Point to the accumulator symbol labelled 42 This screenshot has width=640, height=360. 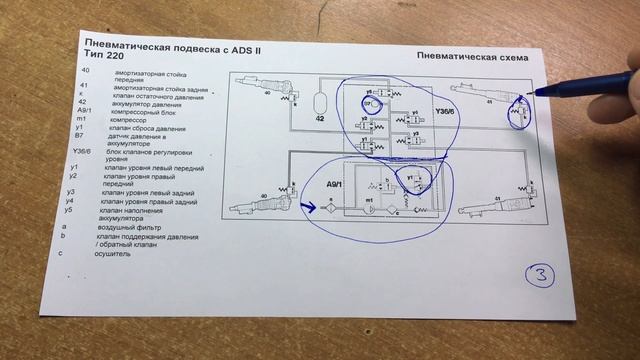click(321, 104)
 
